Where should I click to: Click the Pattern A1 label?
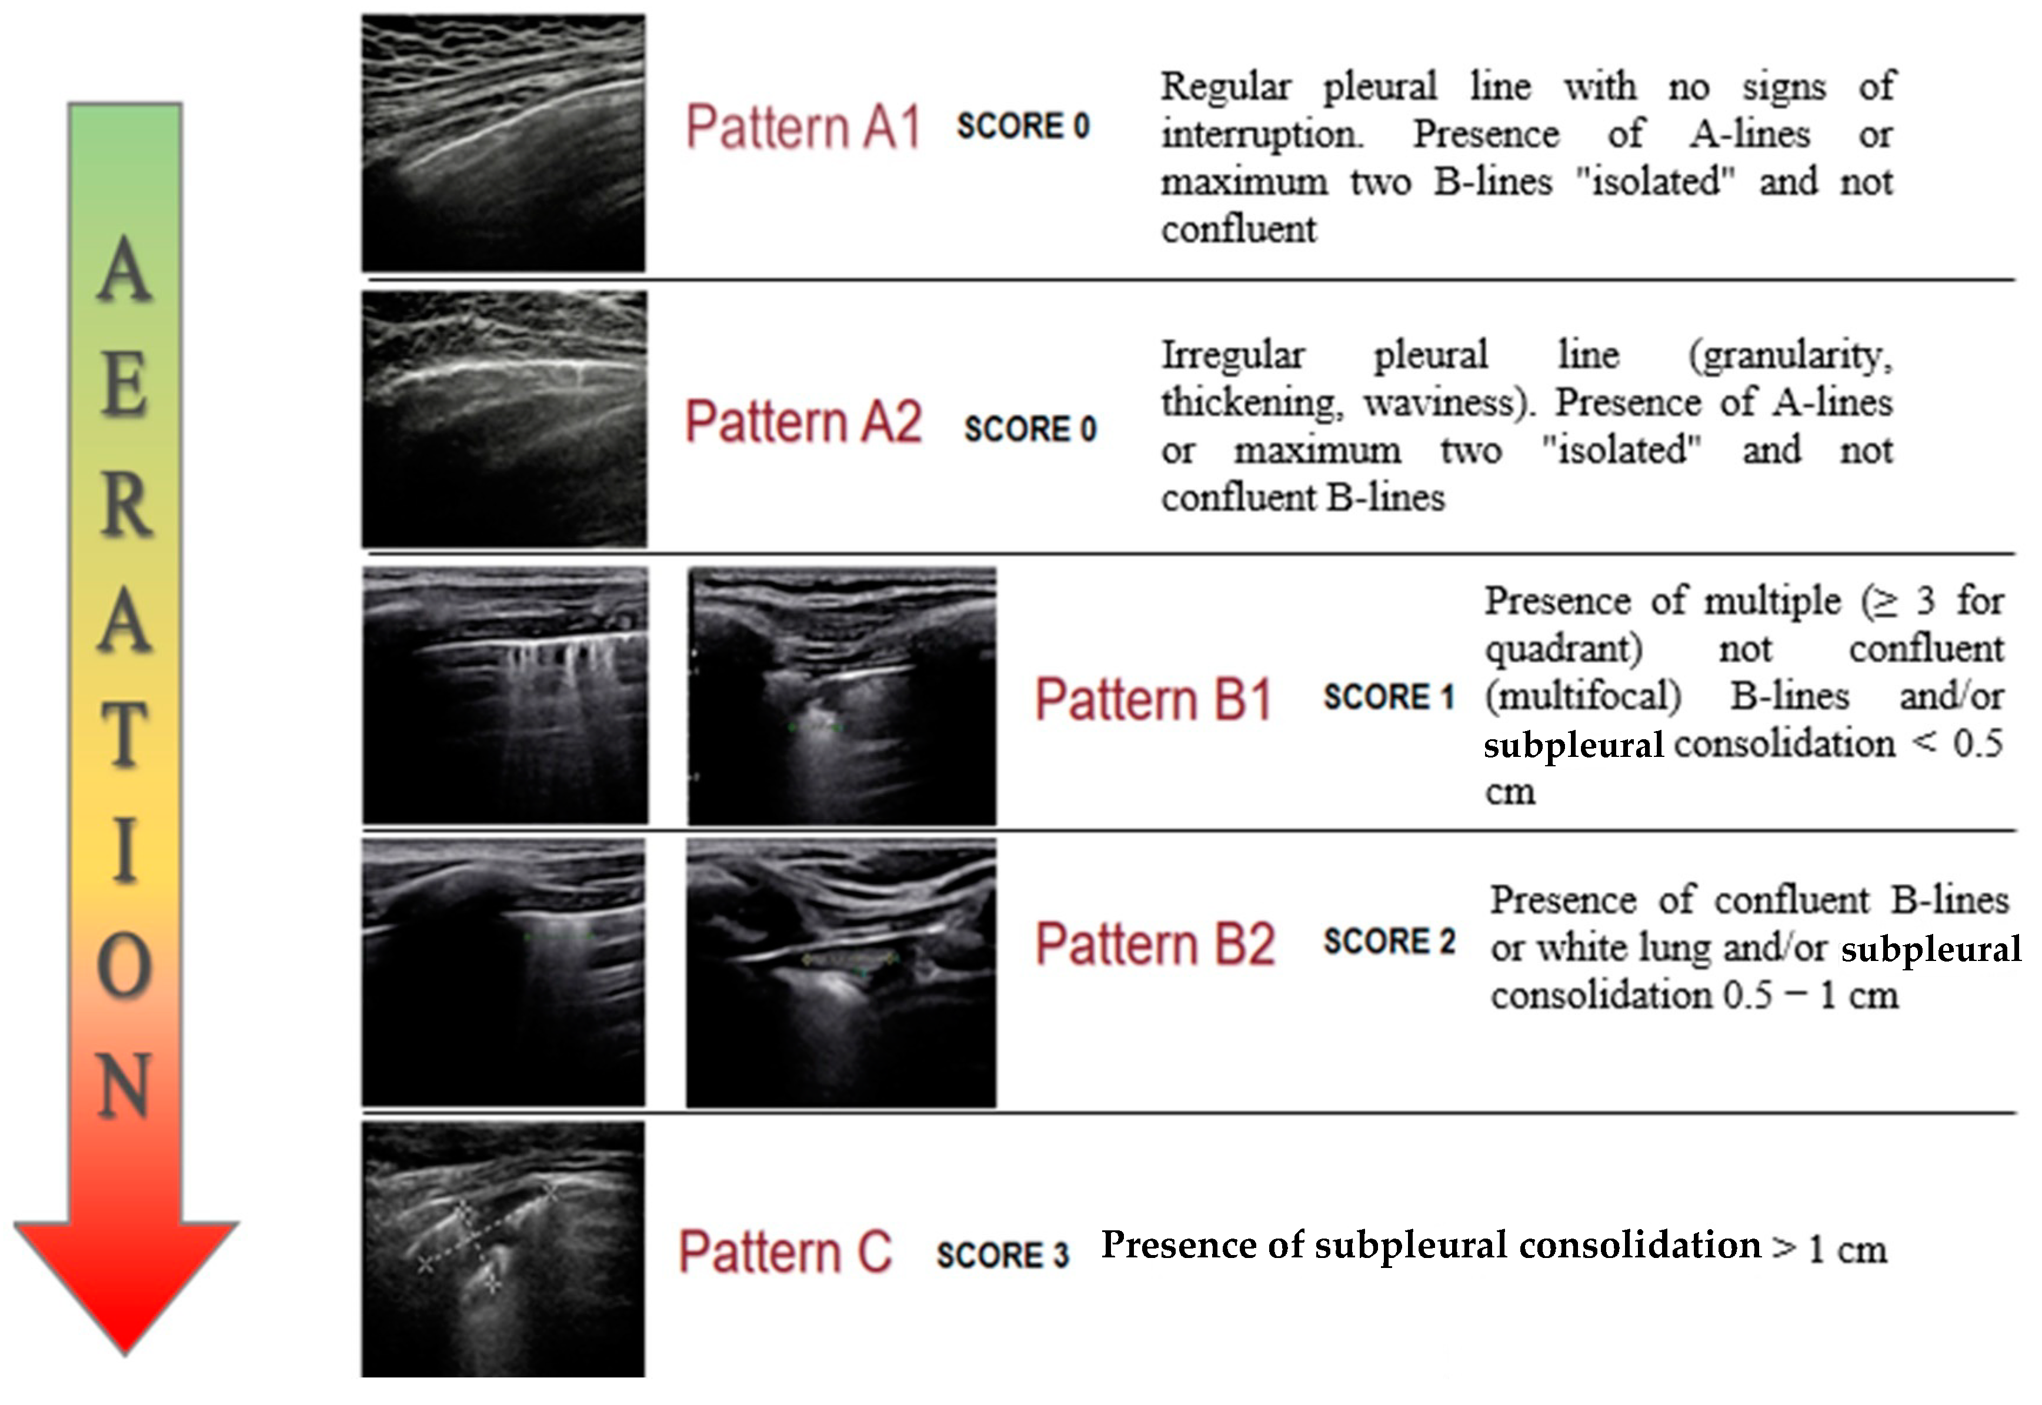click(x=803, y=128)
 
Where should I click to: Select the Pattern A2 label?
click(x=803, y=422)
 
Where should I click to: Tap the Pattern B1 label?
click(x=1153, y=700)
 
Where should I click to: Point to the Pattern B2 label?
click(x=1155, y=945)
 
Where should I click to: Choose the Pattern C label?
click(x=785, y=1252)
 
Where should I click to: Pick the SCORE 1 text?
click(x=1388, y=698)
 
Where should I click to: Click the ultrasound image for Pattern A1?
click(x=503, y=142)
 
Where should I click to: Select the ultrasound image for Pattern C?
click(x=503, y=1249)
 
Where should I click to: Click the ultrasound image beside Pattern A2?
click(x=503, y=419)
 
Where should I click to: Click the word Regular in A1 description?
click(x=1225, y=87)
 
